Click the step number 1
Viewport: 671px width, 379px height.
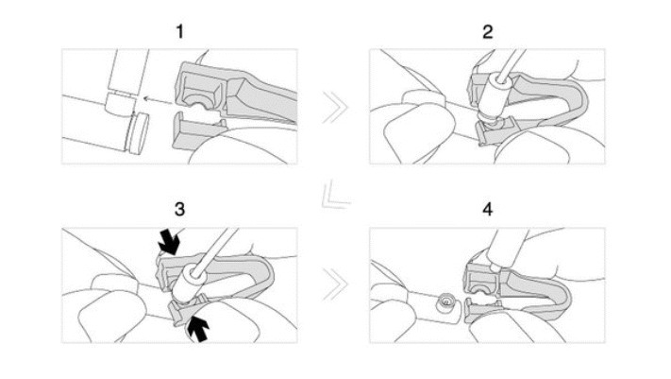click(179, 32)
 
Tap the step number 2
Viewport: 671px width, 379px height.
click(487, 32)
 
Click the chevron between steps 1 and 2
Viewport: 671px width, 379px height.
click(333, 108)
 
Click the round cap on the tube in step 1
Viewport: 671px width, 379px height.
click(139, 133)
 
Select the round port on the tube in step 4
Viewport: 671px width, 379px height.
click(445, 302)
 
